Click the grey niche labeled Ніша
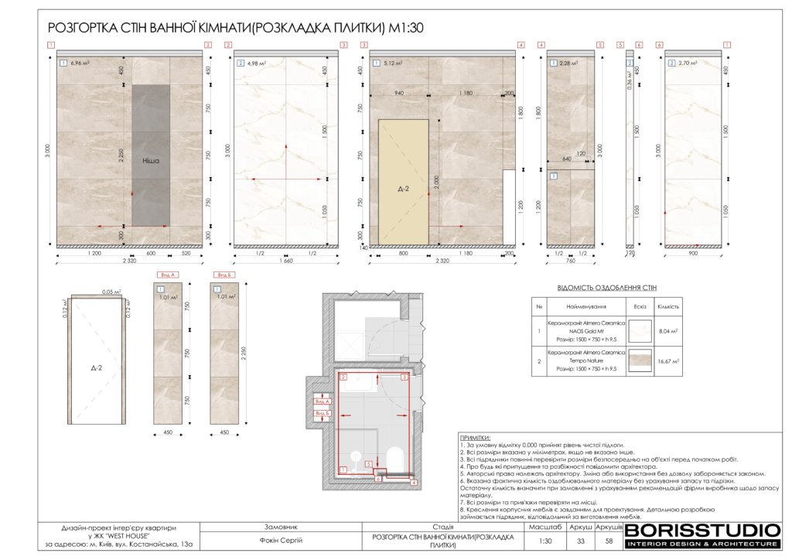pos(151,161)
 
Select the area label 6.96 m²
pos(80,63)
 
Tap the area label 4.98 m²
pos(257,63)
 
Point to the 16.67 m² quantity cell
pos(667,360)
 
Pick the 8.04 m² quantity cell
pos(667,330)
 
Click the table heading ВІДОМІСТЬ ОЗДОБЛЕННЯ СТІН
pos(607,288)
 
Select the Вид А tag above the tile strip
pos(168,275)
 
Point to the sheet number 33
pos(580,541)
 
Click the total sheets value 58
pos(609,541)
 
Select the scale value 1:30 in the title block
pos(544,541)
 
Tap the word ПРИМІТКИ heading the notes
pos(475,438)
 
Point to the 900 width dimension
pos(694,253)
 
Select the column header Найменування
pos(585,307)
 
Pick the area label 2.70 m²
pos(688,63)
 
